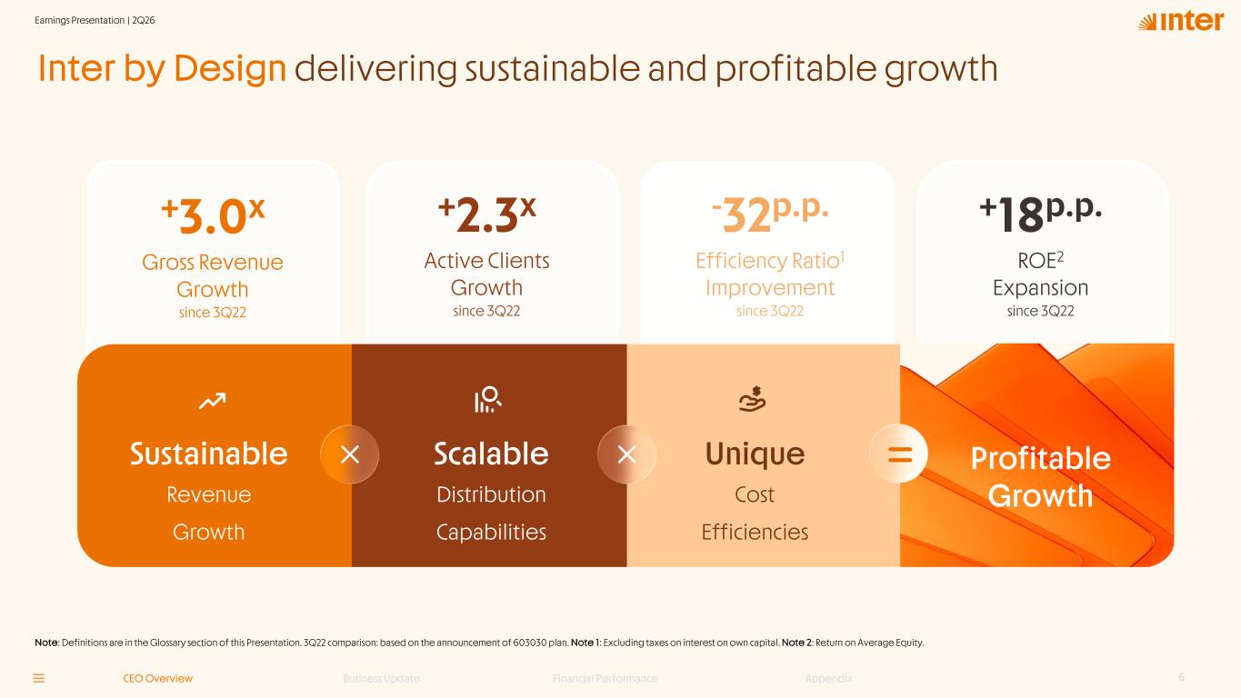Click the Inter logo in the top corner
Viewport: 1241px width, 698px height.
[x=1180, y=22]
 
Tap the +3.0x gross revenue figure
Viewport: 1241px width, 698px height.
[x=213, y=216]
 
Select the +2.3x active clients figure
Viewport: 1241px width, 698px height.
[x=487, y=214]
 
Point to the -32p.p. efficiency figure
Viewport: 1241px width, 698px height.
[x=770, y=214]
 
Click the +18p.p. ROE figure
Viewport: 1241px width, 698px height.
[x=1040, y=214]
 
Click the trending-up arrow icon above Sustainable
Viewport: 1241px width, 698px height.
[x=212, y=401]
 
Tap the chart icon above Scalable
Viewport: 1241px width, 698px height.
[x=488, y=399]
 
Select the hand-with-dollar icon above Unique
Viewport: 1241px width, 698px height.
[x=753, y=399]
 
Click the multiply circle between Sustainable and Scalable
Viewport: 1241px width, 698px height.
[x=350, y=454]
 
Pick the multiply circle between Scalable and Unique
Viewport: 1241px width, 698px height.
[x=626, y=454]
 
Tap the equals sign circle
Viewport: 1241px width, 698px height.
[x=898, y=454]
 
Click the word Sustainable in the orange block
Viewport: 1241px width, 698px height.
[x=209, y=454]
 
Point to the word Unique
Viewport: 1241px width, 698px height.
[x=755, y=454]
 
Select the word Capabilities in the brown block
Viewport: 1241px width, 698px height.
[x=491, y=533]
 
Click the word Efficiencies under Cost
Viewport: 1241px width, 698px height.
[x=755, y=532]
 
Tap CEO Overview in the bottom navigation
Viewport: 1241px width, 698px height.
[x=158, y=679]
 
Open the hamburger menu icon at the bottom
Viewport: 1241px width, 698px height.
[x=39, y=679]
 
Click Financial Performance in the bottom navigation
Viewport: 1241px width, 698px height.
[x=605, y=679]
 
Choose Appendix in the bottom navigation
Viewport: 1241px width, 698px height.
[x=829, y=679]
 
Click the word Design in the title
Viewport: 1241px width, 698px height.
[x=230, y=69]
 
